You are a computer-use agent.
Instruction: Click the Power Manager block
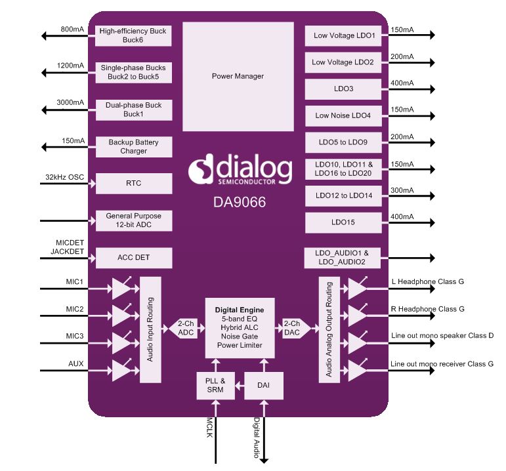coord(238,76)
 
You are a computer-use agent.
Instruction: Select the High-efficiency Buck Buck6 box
coord(133,35)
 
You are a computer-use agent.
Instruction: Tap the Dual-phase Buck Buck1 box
coord(133,110)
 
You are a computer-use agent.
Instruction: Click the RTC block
coord(133,184)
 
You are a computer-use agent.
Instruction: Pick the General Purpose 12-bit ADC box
coord(133,220)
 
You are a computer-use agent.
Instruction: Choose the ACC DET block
coord(133,258)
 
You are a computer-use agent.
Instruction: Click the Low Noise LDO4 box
coord(343,115)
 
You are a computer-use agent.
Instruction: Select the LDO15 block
coord(343,222)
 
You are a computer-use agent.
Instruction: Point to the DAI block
coord(264,386)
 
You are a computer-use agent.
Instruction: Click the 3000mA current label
coord(70,103)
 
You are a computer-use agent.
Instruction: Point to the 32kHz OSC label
coord(65,177)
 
